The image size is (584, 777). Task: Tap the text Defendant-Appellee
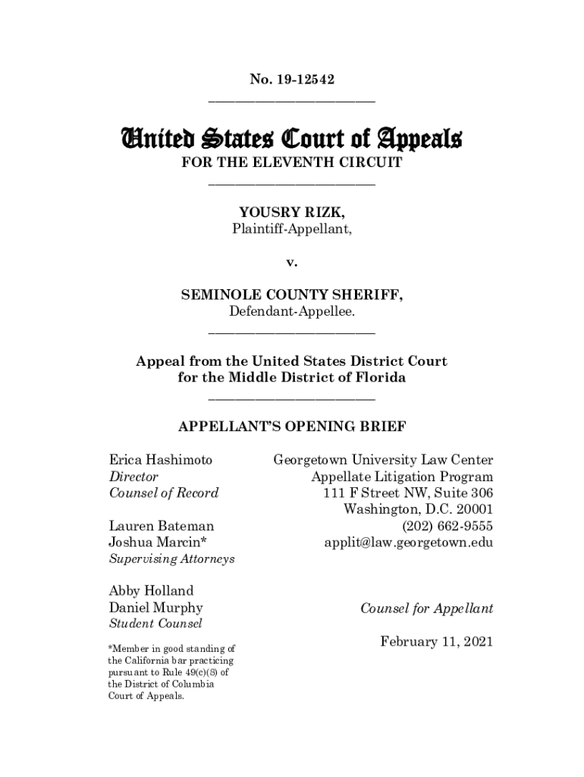[x=291, y=312]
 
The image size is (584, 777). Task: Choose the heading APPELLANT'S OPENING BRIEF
[x=291, y=426]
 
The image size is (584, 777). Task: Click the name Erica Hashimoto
[x=161, y=460]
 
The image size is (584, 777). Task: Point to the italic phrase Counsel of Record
[x=164, y=493]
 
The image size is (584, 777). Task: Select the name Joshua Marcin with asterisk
[x=158, y=542]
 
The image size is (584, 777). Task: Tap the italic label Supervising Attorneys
[x=171, y=558]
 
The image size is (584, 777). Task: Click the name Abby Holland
[x=152, y=590]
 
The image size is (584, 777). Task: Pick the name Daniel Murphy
[x=156, y=608]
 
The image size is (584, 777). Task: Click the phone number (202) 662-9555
[x=447, y=526]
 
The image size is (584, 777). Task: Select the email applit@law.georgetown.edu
[x=408, y=542]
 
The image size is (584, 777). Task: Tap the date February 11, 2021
[x=437, y=642]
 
